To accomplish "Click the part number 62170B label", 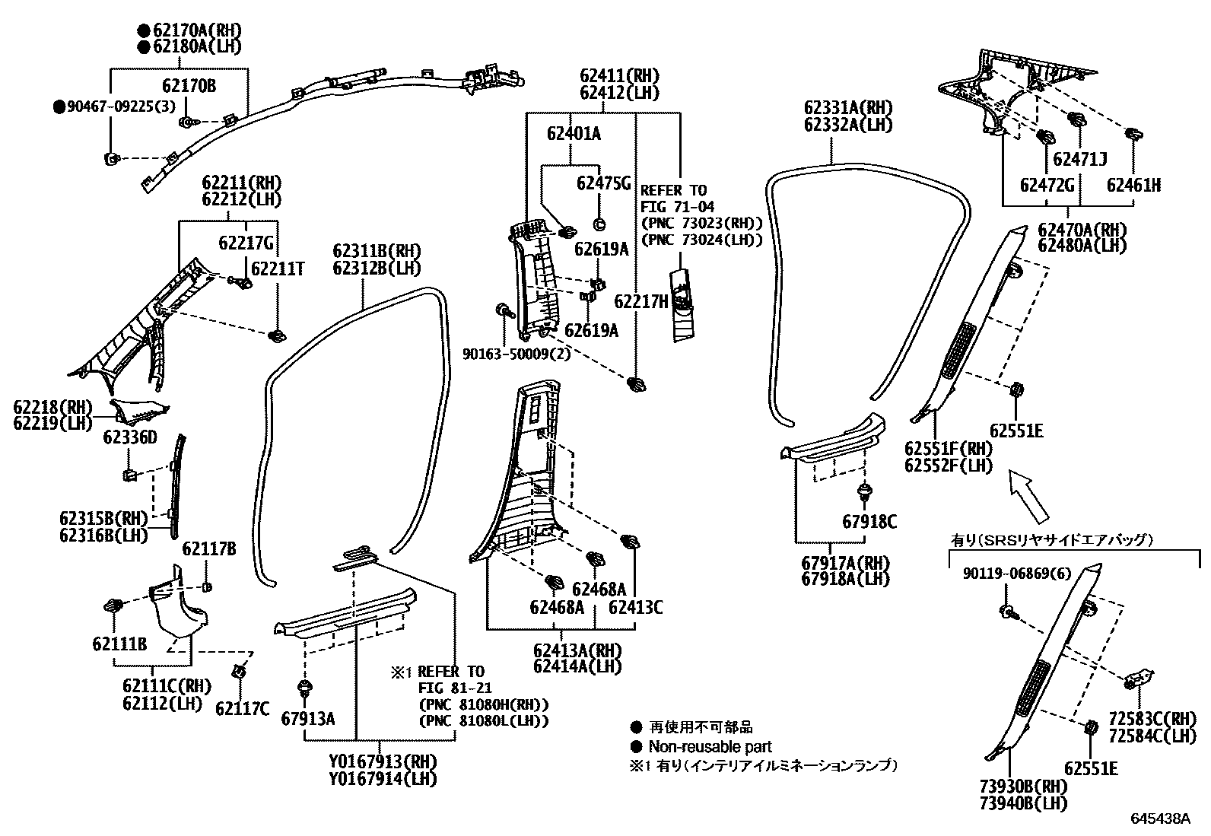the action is click(x=189, y=85).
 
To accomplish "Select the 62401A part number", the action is click(x=574, y=133).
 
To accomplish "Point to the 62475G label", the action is click(x=603, y=183).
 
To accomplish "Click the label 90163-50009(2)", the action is click(x=517, y=354).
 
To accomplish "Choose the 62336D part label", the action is click(x=130, y=437).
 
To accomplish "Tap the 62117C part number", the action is click(x=242, y=708).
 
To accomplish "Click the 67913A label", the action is click(x=307, y=719).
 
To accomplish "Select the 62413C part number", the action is click(x=635, y=607).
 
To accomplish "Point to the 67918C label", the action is click(x=869, y=521).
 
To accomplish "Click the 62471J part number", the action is click(x=1079, y=159).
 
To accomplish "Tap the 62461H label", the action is click(x=1133, y=185).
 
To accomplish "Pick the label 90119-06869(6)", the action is click(x=1016, y=574).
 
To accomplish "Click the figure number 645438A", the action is click(x=1160, y=819).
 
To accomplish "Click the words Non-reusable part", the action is click(x=710, y=747).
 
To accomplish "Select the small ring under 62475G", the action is click(x=599, y=224).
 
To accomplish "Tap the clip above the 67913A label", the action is click(x=305, y=688).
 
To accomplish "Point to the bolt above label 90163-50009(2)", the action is click(x=504, y=310).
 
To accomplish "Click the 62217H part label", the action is click(x=641, y=301).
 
